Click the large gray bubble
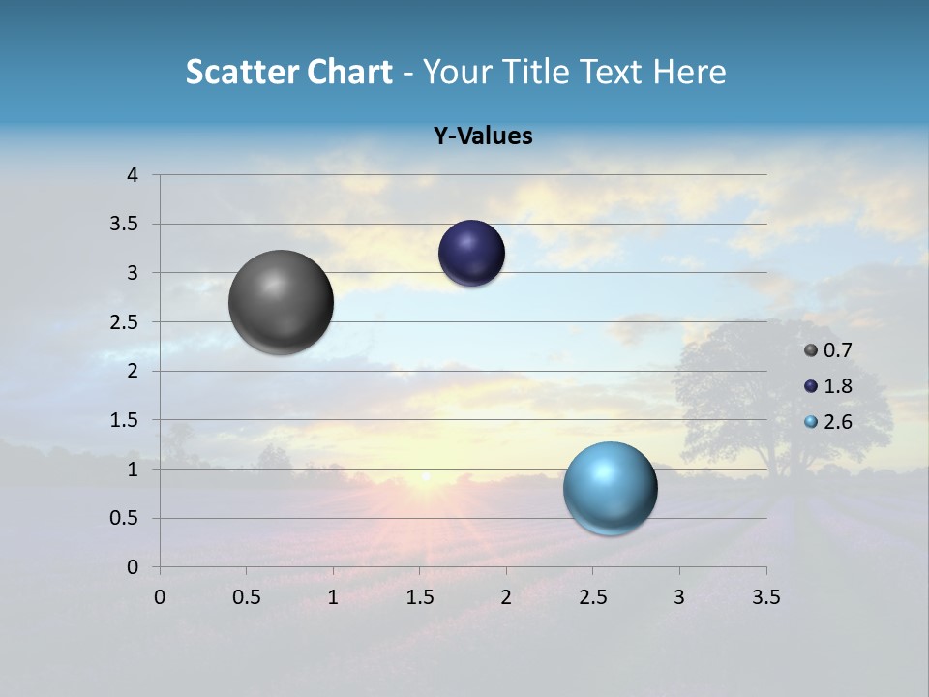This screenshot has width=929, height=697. click(282, 302)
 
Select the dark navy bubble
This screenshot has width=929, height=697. click(471, 253)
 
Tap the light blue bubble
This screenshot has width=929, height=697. click(610, 488)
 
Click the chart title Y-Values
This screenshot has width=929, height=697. click(483, 136)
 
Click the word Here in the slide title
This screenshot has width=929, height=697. click(689, 72)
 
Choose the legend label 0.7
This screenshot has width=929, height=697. click(838, 350)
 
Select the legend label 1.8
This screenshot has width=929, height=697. click(838, 386)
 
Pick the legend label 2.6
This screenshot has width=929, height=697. click(838, 422)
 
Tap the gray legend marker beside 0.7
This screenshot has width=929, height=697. click(811, 350)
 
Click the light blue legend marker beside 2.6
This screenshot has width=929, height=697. click(811, 422)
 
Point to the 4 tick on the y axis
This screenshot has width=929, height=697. click(133, 175)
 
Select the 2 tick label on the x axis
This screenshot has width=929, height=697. click(506, 597)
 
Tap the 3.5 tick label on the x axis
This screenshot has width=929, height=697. click(765, 597)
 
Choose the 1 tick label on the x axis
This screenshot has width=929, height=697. click(333, 597)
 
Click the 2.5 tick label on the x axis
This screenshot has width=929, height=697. click(592, 597)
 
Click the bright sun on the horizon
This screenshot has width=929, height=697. click(425, 476)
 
